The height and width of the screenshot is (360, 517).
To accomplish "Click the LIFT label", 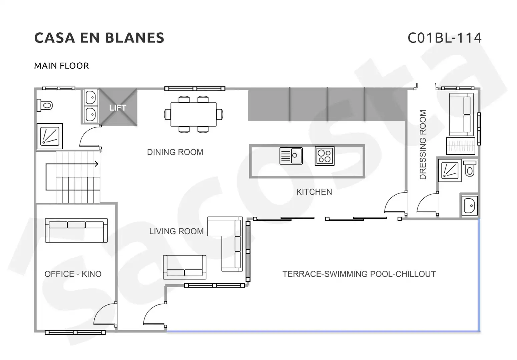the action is point(118,108).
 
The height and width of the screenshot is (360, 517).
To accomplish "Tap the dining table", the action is point(193,114).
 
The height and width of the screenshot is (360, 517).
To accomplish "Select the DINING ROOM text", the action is point(175,152).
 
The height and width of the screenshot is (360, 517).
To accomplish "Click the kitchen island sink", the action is point(291,156).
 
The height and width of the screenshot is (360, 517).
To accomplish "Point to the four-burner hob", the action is point(325,156).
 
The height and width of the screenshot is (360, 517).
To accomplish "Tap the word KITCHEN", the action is point(314,192).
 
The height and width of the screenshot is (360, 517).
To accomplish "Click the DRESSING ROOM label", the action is point(423,145).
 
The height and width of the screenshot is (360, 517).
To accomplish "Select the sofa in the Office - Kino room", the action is point(76,230).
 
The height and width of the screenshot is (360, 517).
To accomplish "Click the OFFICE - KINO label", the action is point(73,274).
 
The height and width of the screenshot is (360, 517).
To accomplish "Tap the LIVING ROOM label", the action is point(176,231).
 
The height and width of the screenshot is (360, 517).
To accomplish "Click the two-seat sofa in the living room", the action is point(185,267).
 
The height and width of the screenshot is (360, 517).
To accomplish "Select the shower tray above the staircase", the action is point(50,136).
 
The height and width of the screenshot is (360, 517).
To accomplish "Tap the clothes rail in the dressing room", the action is point(460,146).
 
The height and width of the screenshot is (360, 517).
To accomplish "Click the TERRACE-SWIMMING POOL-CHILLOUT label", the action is point(359,274).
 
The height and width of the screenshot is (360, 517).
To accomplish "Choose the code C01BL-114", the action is point(445,38).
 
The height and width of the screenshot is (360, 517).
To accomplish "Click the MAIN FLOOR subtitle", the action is point(61,66).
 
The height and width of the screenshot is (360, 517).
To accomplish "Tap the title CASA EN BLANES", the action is point(99,38).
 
